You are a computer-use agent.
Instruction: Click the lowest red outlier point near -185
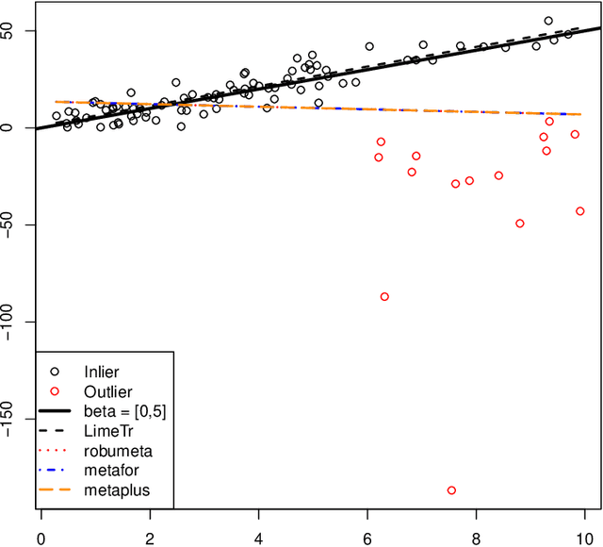pos(451,490)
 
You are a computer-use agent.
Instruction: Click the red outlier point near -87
pos(384,296)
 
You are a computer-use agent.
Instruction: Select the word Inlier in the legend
pos(102,372)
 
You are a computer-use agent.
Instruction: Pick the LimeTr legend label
pos(107,431)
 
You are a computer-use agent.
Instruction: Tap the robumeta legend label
pos(117,451)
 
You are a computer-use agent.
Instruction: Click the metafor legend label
pos(112,471)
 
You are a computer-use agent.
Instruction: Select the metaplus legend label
pos(116,490)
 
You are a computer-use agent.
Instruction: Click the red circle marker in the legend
pos(56,391)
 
